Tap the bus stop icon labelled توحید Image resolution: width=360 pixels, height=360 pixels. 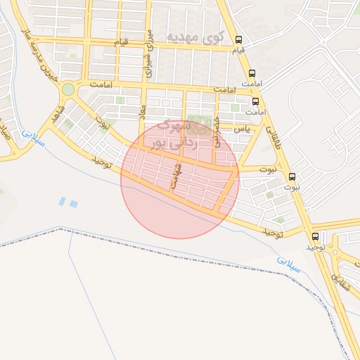click(x=314, y=236)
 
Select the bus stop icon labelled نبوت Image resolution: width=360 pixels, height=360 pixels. click(x=292, y=176)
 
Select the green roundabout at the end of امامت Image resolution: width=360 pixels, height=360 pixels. click(x=67, y=90)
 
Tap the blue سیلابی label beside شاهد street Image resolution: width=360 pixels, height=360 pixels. click(x=32, y=135)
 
